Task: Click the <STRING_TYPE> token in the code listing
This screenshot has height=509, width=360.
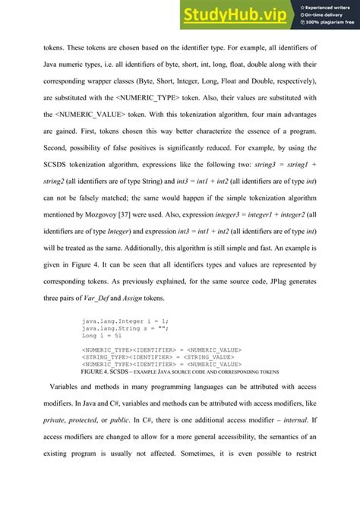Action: (x=106, y=356)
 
